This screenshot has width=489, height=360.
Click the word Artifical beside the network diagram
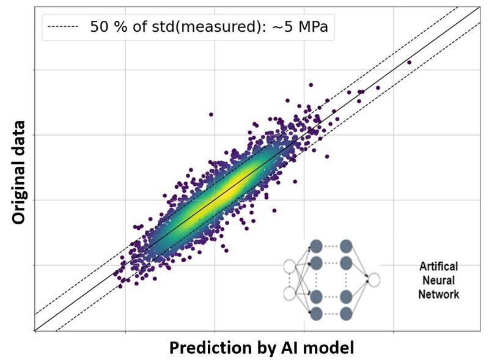(439, 268)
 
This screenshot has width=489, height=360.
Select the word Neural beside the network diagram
(439, 281)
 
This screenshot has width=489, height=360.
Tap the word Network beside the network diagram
(439, 294)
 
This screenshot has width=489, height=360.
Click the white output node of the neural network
(374, 280)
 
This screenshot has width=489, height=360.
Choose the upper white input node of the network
(290, 266)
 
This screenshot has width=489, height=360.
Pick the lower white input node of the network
(290, 294)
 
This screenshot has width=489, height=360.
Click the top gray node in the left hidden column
(316, 246)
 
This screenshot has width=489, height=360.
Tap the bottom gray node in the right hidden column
(346, 314)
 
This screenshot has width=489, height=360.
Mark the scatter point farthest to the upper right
(409, 62)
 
